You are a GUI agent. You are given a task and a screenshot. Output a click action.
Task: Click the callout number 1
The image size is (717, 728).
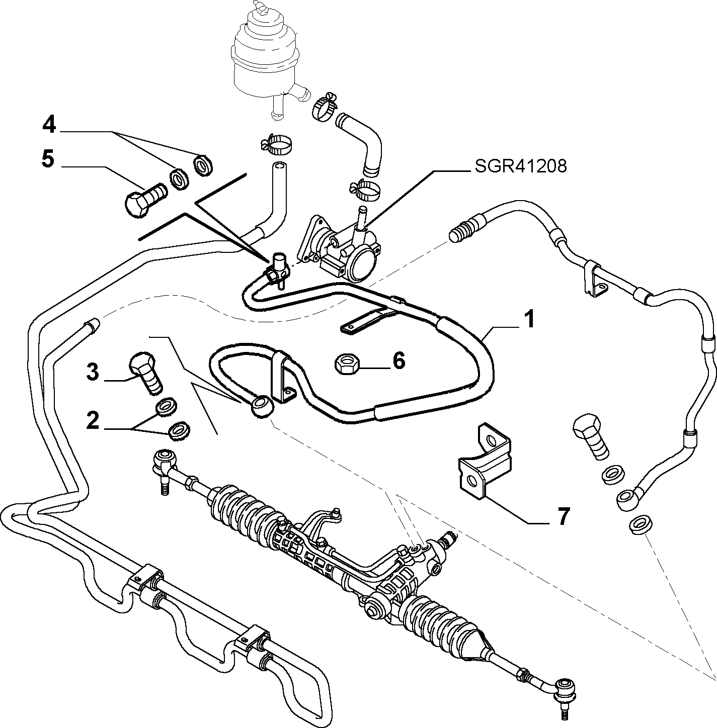point(529,319)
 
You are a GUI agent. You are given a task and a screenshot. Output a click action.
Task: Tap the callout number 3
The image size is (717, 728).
point(93,372)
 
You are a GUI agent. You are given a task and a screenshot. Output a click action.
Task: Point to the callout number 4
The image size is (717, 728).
point(49,125)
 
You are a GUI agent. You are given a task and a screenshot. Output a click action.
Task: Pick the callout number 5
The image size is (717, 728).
point(48,159)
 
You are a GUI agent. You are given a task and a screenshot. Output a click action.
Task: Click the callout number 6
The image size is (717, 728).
point(400,361)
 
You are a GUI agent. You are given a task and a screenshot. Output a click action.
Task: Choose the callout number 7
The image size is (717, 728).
point(563,516)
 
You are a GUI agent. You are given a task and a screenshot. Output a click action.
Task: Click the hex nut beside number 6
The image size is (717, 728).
point(347,364)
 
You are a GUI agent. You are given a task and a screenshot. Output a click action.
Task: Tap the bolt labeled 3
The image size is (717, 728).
point(146,373)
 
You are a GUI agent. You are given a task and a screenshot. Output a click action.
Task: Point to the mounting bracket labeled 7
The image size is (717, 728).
point(485,461)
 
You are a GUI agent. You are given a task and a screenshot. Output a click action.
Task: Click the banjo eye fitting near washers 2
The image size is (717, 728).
point(261,406)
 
